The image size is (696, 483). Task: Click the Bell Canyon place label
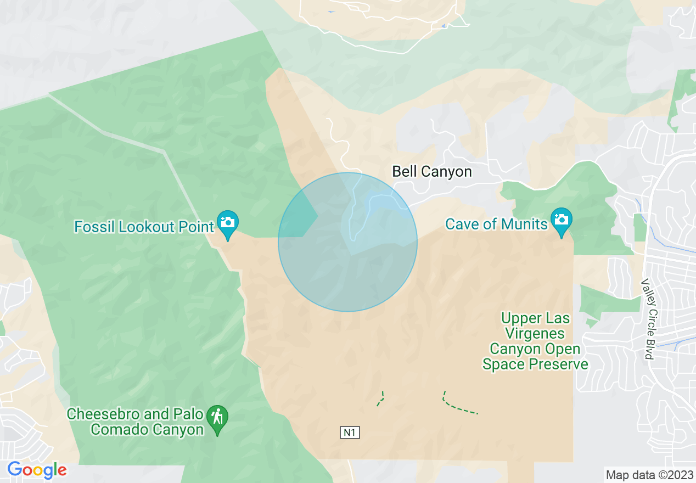pyautogui.click(x=431, y=172)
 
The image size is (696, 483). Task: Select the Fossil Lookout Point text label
pyautogui.click(x=144, y=227)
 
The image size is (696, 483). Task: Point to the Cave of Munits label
pyautogui.click(x=496, y=224)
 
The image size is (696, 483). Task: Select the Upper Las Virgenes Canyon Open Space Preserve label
pyautogui.click(x=535, y=341)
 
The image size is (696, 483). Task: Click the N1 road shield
pyautogui.click(x=350, y=433)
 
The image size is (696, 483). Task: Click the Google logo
pyautogui.click(x=37, y=470)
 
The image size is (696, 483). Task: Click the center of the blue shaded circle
pyautogui.click(x=347, y=242)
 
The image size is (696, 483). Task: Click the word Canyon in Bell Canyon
pyautogui.click(x=447, y=172)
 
